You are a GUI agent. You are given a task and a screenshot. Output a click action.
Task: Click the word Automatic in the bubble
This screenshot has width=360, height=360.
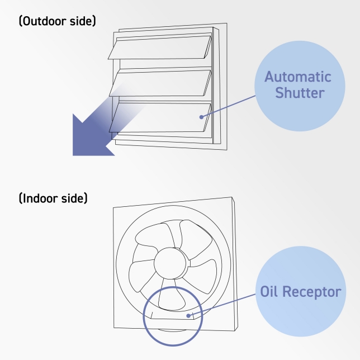tap(297, 77)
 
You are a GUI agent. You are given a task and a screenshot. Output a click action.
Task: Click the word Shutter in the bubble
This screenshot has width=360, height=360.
tap(300, 93)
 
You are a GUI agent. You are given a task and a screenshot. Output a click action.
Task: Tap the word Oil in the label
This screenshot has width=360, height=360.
tap(271, 292)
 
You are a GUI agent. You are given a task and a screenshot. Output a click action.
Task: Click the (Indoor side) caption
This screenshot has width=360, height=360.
tap(53, 198)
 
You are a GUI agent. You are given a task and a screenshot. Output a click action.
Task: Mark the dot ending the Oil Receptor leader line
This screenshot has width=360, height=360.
tap(189, 316)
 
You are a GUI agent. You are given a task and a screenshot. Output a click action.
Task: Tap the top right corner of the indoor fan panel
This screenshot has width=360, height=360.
tap(231, 198)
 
